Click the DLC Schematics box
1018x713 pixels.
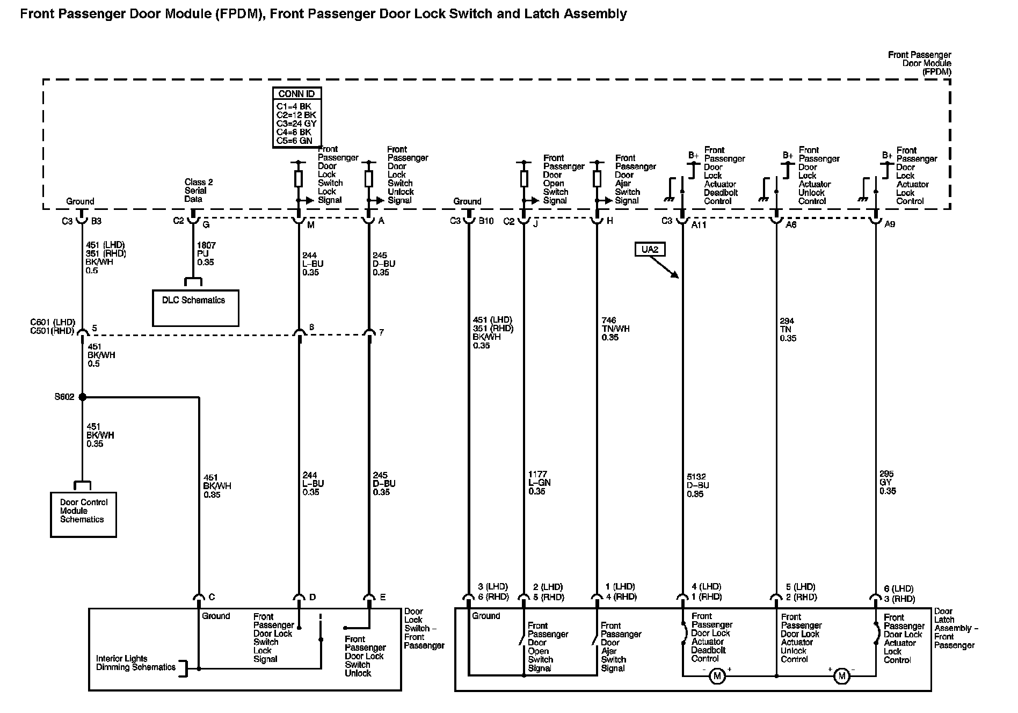coord(195,308)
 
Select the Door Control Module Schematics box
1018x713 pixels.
coord(83,514)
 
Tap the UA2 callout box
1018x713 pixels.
coord(650,249)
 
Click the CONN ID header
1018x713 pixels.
coord(296,94)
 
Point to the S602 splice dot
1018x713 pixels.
coord(82,397)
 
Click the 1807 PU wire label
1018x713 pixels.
coord(206,253)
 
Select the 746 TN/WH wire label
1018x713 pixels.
coord(615,329)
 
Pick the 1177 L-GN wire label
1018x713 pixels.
coord(539,482)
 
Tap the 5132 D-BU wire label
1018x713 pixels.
coord(697,485)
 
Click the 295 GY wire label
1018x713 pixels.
coord(888,482)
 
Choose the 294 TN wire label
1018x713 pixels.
coord(788,330)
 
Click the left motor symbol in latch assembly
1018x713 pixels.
coord(717,676)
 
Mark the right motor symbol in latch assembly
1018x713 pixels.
coord(841,676)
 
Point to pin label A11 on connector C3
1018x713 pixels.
coord(699,225)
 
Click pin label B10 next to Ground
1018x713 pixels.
coord(486,221)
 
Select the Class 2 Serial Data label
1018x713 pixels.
coord(198,191)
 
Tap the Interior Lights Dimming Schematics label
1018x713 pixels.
coord(135,663)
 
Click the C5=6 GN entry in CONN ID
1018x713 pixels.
coord(294,141)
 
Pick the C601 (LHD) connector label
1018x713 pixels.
coord(52,323)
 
